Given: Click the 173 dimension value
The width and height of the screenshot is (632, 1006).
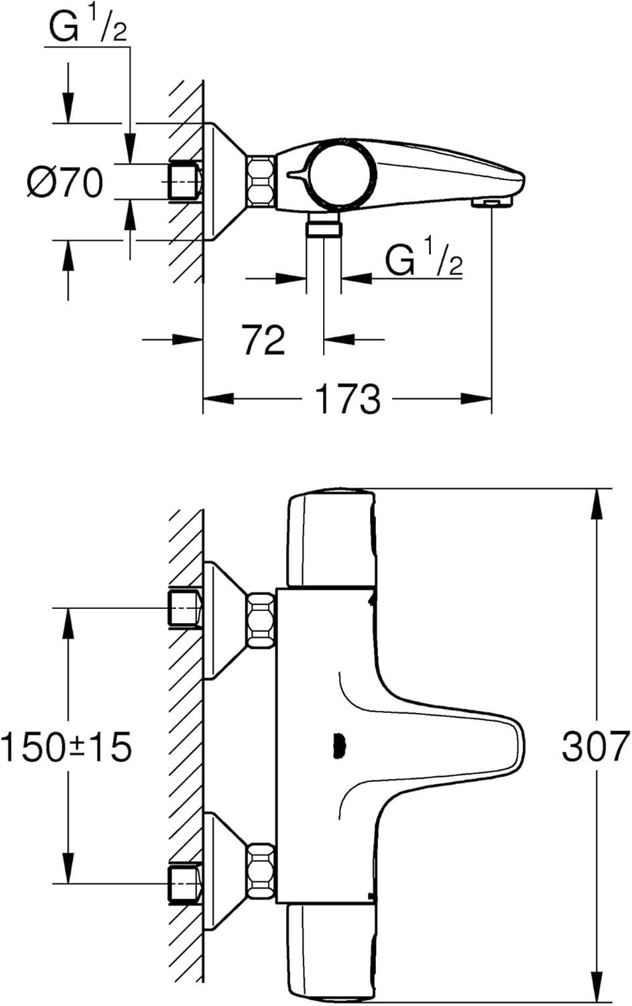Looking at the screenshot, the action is [x=348, y=398].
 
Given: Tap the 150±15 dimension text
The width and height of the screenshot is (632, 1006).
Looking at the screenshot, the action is [x=66, y=746].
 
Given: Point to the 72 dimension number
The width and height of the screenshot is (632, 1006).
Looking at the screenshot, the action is [x=263, y=340].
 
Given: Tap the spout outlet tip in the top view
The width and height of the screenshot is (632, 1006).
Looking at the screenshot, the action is [x=492, y=203].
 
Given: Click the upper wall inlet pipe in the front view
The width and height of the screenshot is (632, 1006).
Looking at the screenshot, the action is [x=184, y=608].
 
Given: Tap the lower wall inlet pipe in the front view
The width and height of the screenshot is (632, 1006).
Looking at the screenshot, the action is [x=184, y=883].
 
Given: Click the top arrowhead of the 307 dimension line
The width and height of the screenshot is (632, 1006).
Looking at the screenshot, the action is [x=596, y=504].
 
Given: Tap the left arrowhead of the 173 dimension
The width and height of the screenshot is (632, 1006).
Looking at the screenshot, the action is [x=218, y=398].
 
